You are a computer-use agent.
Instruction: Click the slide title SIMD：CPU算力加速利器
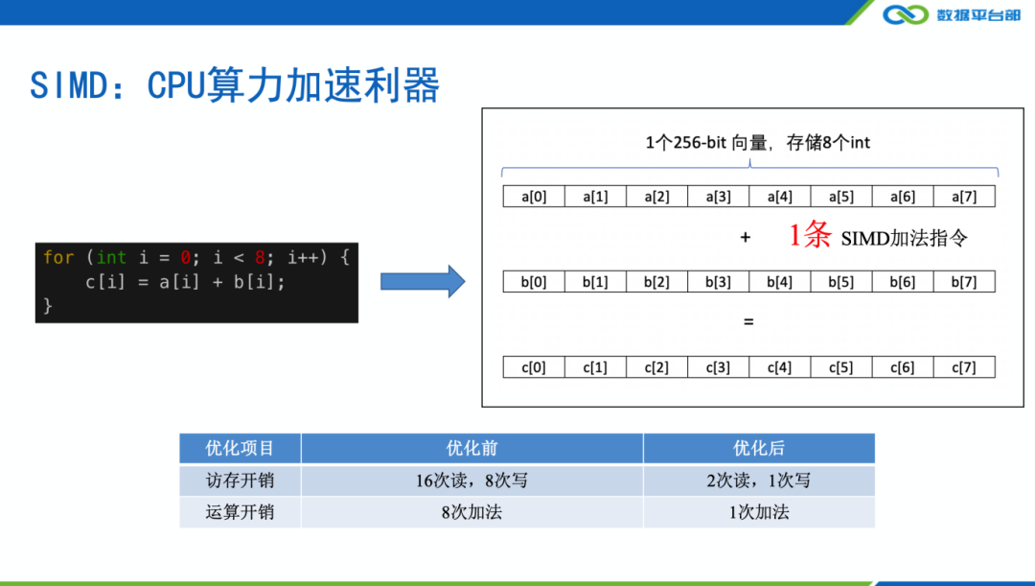pos(235,85)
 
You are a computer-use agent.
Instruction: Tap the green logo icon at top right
pos(906,14)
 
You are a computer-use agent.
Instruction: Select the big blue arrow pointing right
pos(423,281)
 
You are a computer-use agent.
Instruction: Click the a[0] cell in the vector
pos(534,197)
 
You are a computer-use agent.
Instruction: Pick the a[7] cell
pos(964,197)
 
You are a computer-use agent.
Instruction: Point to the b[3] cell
pos(718,282)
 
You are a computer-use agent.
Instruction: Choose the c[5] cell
pos(840,367)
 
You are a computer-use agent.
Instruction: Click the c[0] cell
pos(534,367)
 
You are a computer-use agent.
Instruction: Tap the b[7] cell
pos(964,282)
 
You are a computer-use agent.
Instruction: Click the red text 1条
pos(810,236)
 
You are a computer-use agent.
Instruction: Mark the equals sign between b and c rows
pos(748,322)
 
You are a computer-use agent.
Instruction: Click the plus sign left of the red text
pos(745,238)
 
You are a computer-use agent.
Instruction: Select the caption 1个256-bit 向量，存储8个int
pos(757,143)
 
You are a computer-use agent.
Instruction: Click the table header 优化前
pos(471,448)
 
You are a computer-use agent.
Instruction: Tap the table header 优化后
pos(758,448)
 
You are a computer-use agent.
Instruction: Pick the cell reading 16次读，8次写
pos(471,481)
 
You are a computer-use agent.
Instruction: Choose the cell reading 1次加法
pos(758,512)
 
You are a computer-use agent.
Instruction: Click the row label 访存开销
pos(240,481)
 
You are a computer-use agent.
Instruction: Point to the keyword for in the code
pos(58,257)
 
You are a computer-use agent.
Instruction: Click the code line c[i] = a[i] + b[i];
pos(185,282)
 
